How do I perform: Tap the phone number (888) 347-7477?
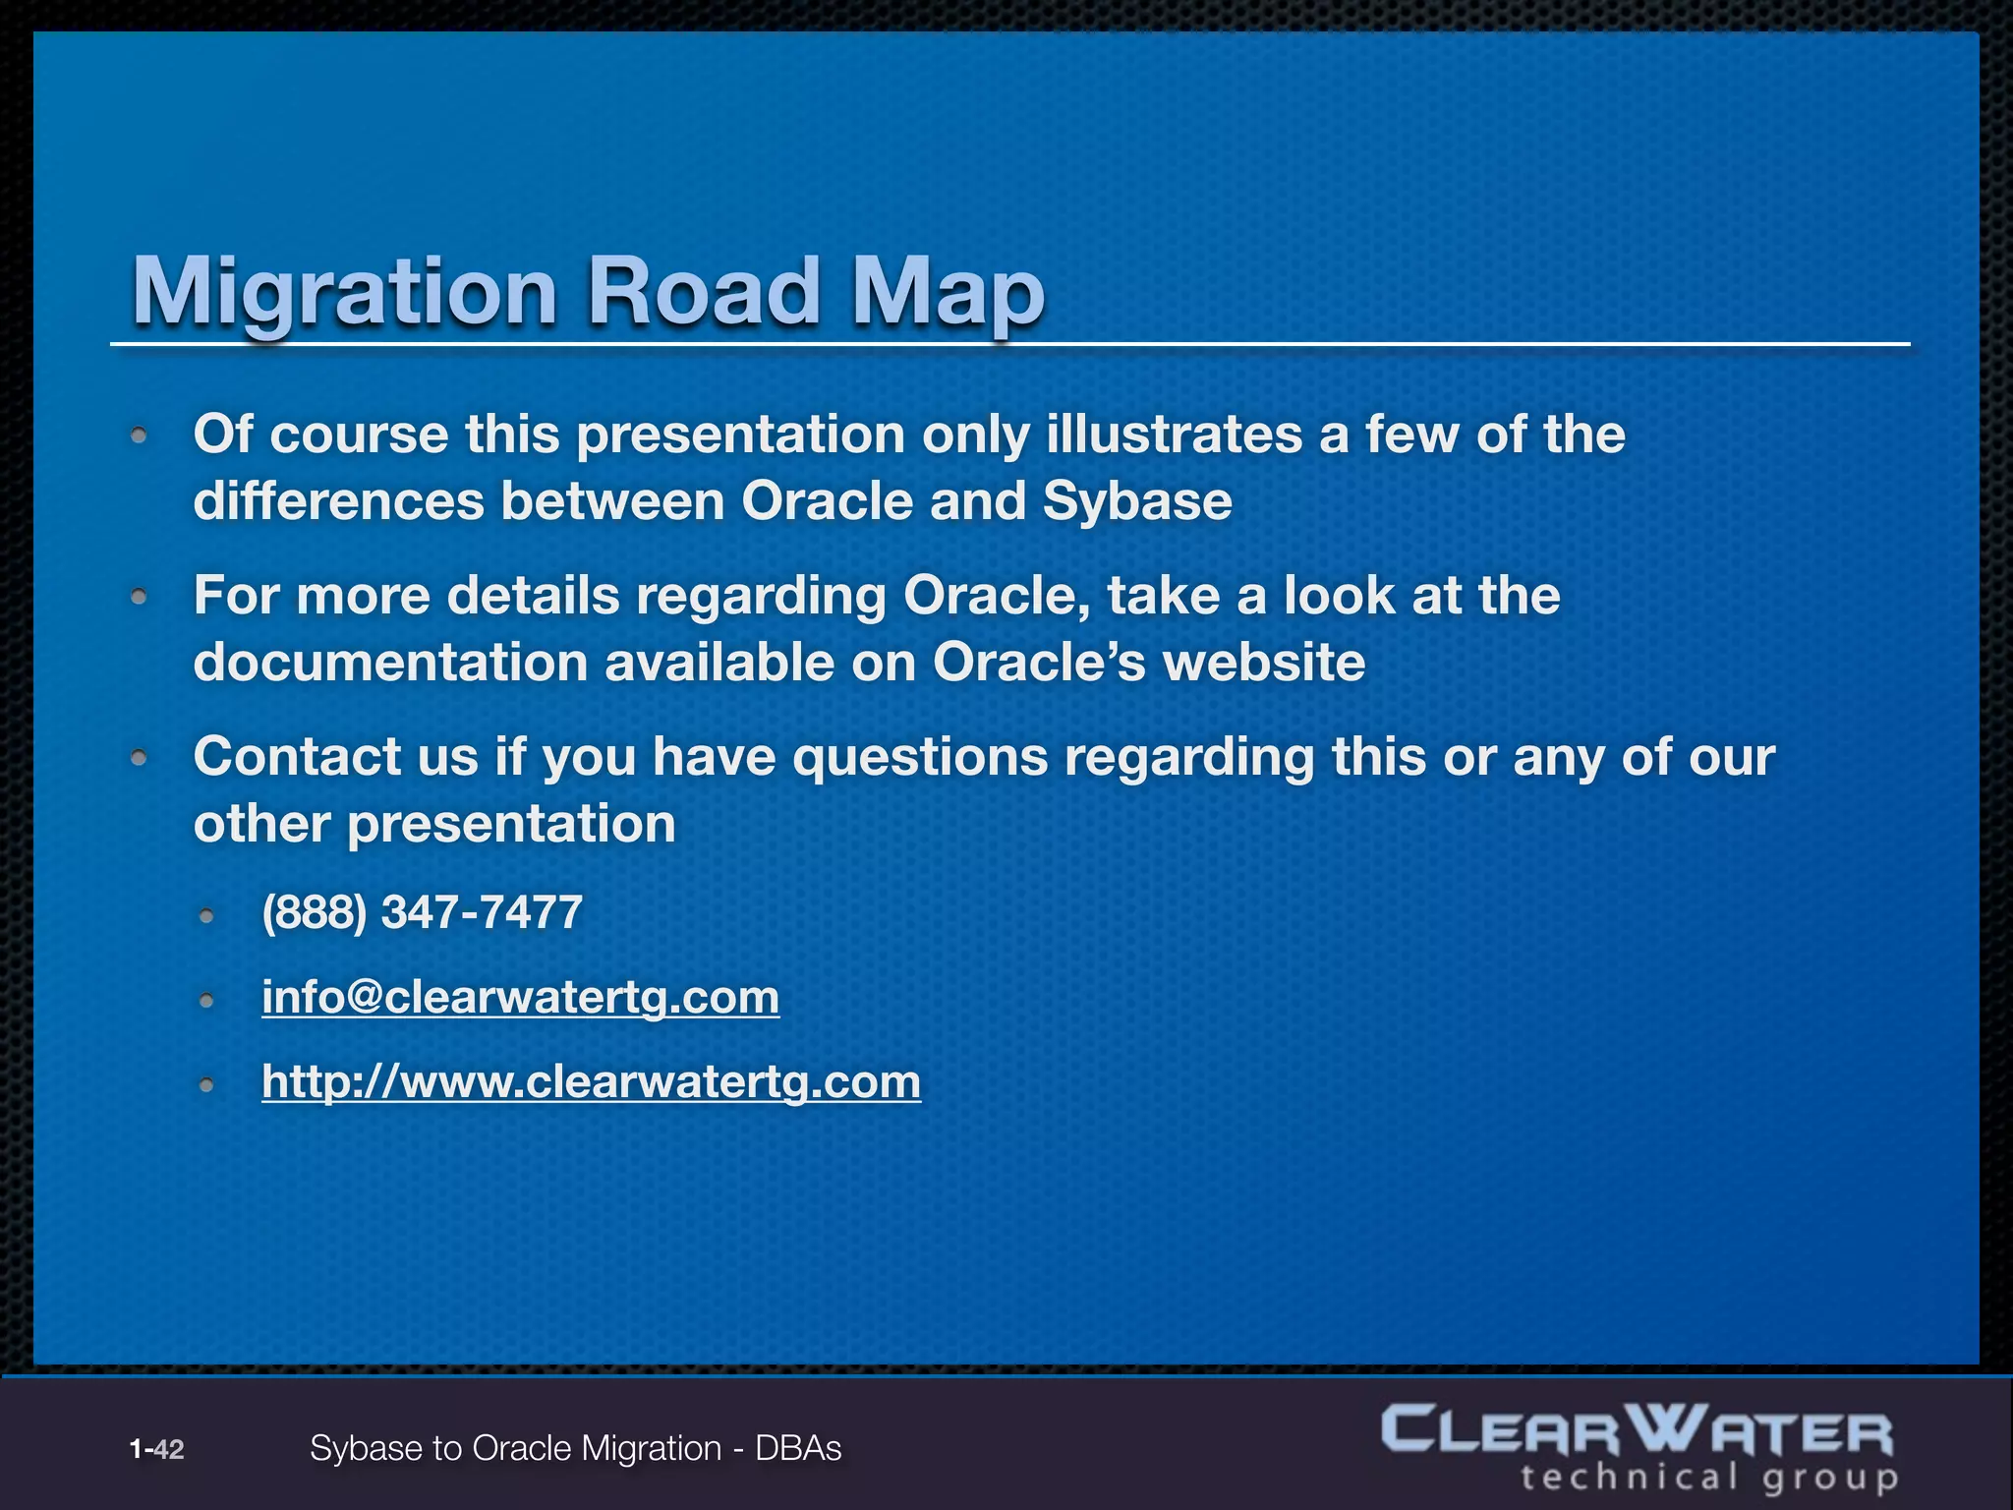click(422, 912)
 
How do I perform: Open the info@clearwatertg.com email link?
click(520, 997)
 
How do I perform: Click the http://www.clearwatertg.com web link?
click(591, 1081)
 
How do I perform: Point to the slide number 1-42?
click(156, 1448)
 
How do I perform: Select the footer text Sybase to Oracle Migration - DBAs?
click(575, 1448)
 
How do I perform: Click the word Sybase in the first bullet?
click(1137, 500)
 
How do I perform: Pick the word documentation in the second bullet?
click(389, 662)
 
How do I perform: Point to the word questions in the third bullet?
click(920, 756)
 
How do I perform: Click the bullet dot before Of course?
click(140, 435)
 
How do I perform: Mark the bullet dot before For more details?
click(140, 596)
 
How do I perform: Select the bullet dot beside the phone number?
click(206, 916)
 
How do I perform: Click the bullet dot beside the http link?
click(206, 1085)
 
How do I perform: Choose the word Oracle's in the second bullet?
click(1038, 662)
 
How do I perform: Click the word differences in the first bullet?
click(338, 500)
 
